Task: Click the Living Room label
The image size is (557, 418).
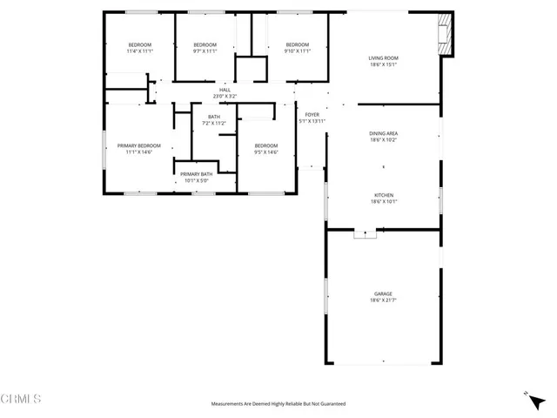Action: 384,57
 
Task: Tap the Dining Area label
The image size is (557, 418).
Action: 384,133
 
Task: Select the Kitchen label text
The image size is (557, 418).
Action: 384,195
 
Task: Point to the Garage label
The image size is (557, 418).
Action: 384,293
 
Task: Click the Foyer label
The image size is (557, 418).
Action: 312,114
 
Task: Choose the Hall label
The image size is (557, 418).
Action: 225,90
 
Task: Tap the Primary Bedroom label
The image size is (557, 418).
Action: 139,145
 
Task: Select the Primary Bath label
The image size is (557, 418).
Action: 196,174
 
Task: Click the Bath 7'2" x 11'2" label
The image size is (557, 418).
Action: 214,118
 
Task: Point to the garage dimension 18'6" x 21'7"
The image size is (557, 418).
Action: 384,300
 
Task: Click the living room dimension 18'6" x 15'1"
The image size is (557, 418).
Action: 384,64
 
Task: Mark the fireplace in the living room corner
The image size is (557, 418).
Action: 446,34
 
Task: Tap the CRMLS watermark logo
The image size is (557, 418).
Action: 21,400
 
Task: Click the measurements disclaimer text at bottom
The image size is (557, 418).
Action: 278,404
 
